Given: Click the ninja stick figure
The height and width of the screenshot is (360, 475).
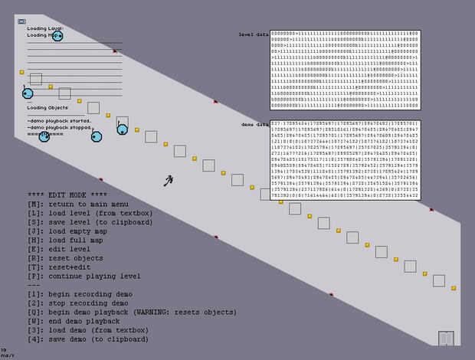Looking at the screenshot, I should coord(169,181).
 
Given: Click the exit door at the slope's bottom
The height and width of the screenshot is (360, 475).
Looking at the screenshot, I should coord(446,338).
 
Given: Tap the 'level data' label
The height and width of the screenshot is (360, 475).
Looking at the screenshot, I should coord(253,34).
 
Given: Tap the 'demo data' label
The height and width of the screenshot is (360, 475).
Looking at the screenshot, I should coord(254,124).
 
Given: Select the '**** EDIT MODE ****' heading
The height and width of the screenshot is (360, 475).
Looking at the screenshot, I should coord(67,195).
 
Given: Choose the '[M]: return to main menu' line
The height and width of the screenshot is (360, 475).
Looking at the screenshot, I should coord(77,204).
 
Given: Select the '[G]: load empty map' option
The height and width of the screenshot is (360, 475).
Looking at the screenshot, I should coord(67,231).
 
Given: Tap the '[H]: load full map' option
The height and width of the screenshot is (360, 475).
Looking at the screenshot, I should coord(66,240).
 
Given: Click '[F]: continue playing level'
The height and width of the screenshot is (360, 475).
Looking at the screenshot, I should coord(84,276).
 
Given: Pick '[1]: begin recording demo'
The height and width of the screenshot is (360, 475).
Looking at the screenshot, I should coord(80,294).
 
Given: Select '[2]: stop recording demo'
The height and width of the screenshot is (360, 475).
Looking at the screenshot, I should coord(77,303).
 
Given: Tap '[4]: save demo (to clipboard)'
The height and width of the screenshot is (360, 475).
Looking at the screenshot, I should coord(88,339).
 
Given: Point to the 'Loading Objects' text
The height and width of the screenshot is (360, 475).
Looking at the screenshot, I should coord(47,108).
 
